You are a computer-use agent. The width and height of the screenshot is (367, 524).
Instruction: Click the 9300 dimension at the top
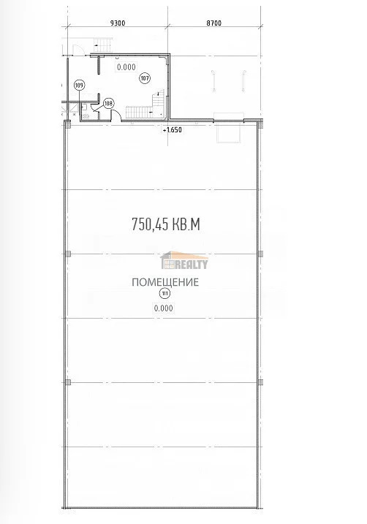pyautogui.click(x=116, y=24)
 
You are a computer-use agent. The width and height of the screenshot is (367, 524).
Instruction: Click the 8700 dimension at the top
pyautogui.click(x=214, y=24)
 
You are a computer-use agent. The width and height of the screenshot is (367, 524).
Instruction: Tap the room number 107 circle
pyautogui.click(x=144, y=77)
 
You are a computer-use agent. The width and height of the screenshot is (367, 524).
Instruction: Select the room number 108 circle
pyautogui.click(x=108, y=103)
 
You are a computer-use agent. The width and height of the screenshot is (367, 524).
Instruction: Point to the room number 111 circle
pyautogui.click(x=164, y=294)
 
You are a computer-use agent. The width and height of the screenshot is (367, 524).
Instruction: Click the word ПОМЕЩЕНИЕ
pyautogui.click(x=165, y=282)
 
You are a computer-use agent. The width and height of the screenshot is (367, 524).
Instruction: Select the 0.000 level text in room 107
pyautogui.click(x=125, y=67)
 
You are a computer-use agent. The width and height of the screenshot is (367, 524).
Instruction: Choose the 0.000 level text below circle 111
pyautogui.click(x=164, y=308)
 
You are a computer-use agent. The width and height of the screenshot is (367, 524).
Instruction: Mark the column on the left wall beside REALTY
pyautogui.click(x=67, y=254)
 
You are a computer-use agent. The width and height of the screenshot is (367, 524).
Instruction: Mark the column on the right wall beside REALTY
pyautogui.click(x=262, y=254)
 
